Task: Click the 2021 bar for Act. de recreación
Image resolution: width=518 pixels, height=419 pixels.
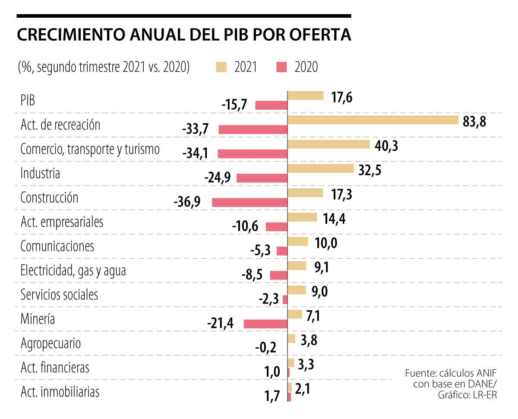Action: pos(373,120)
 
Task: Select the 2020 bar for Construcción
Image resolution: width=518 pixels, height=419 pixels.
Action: pos(250,202)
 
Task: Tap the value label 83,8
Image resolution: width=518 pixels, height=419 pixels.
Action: pos(474,122)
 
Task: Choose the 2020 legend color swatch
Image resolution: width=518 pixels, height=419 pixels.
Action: pos(281,67)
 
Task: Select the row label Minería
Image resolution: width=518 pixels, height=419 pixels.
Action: pos(38,319)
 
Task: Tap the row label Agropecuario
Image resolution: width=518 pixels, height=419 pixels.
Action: pos(51,343)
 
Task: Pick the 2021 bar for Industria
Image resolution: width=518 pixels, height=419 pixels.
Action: pos(320,168)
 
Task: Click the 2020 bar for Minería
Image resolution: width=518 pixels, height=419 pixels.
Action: pos(265,324)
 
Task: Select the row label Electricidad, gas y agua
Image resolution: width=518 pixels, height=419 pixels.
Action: pos(73,271)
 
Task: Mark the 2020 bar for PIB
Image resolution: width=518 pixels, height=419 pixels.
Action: pos(271,105)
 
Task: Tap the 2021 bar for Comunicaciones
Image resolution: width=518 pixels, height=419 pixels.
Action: pos(298,241)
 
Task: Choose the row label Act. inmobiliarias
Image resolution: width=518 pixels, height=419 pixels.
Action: pos(60,392)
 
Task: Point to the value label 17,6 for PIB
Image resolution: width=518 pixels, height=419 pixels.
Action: pos(342,97)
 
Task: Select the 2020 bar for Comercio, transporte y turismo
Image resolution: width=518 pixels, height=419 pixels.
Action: pos(253,153)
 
